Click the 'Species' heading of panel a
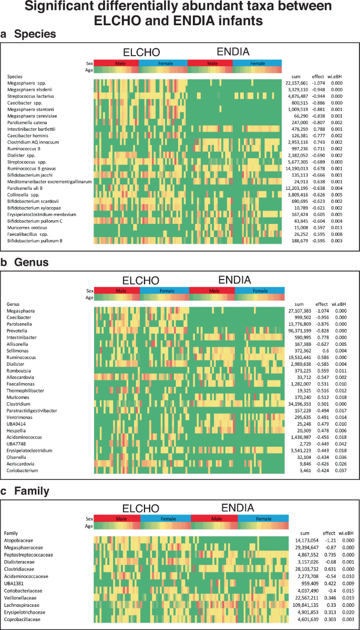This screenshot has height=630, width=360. tap(35, 35)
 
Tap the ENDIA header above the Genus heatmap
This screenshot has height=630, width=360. tap(236, 280)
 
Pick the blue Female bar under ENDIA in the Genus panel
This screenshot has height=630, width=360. tap(260, 291)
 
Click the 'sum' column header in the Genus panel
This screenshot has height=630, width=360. tap(299, 304)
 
